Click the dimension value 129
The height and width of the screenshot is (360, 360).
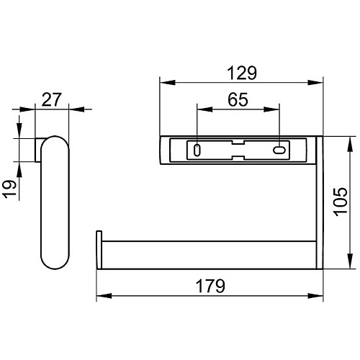pyautogui.click(x=242, y=73)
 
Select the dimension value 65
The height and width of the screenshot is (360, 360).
pyautogui.click(x=238, y=99)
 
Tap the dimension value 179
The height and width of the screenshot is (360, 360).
pyautogui.click(x=210, y=286)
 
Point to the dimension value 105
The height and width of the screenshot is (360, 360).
pyautogui.click(x=341, y=202)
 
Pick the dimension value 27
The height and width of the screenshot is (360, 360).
pyautogui.click(x=52, y=99)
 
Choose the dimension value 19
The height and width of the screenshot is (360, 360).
pyautogui.click(x=10, y=189)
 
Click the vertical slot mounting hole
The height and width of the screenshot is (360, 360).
pyautogui.click(x=197, y=150)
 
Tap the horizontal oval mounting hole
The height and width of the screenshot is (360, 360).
pyautogui.click(x=279, y=150)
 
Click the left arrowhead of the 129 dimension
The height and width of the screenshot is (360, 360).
pyautogui.click(x=167, y=83)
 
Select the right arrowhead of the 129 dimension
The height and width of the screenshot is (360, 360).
pyautogui.click(x=315, y=83)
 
